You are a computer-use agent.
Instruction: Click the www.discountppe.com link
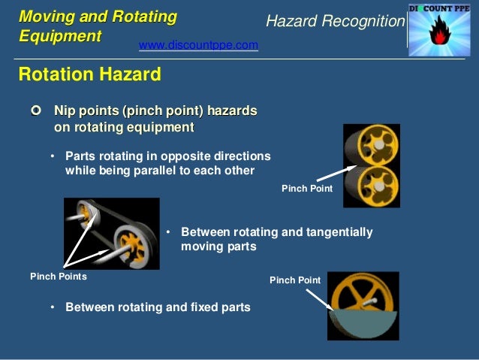198,46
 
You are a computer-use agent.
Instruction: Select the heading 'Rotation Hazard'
89,75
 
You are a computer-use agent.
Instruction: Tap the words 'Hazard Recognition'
335,22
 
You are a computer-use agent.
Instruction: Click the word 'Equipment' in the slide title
59,35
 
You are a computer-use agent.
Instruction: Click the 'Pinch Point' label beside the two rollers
306,189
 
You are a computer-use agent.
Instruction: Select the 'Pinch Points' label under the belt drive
58,277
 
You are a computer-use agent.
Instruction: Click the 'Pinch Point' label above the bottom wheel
294,280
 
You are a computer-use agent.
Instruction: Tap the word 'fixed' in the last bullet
190,307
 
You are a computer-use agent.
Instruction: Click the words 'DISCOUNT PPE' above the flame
442,8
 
